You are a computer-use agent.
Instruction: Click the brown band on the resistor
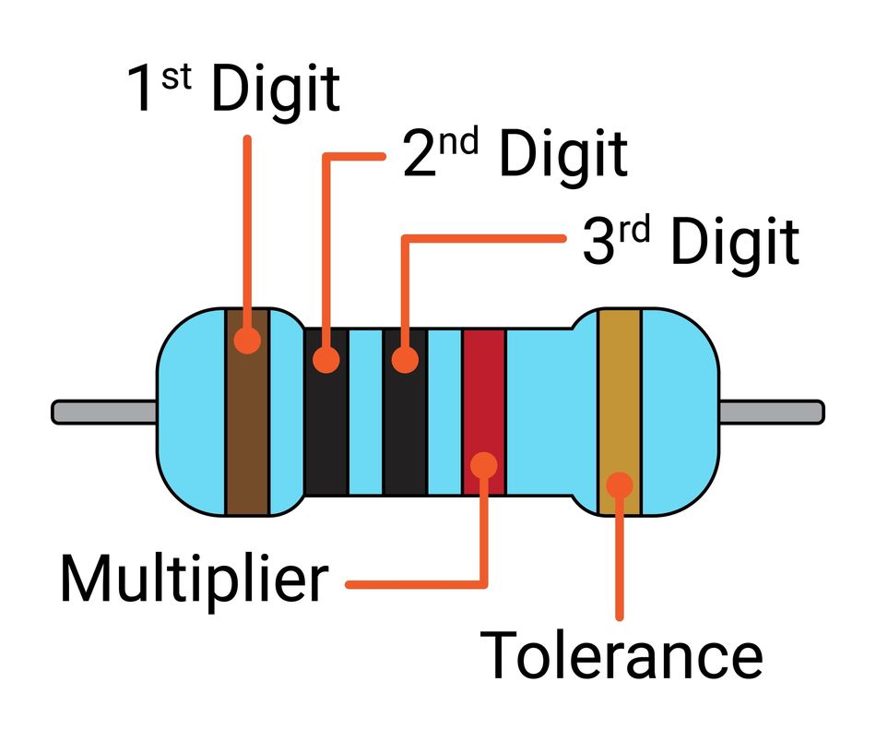[247, 434]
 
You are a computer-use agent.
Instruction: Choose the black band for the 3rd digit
[404, 434]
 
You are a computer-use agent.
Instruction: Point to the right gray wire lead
[770, 412]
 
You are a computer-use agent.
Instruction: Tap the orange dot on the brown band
[247, 340]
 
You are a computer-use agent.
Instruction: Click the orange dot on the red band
[484, 464]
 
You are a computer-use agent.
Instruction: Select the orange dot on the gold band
[620, 485]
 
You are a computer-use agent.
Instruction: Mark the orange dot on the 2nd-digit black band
[326, 358]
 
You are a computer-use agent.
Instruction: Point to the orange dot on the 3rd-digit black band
[404, 358]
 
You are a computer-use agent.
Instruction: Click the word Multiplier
[194, 579]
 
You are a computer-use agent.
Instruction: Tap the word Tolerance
[623, 655]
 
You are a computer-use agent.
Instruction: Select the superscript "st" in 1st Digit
[176, 75]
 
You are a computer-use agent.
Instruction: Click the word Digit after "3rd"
[734, 242]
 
